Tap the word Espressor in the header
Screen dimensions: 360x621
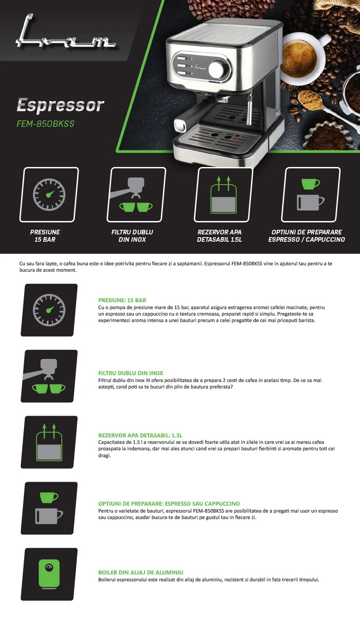coord(60,105)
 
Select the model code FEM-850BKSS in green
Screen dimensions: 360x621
coord(46,124)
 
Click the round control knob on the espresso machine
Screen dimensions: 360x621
coord(217,70)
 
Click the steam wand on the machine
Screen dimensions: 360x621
coord(250,108)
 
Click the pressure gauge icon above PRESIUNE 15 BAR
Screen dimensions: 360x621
coord(49,195)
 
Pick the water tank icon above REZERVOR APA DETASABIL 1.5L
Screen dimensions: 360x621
coord(223,195)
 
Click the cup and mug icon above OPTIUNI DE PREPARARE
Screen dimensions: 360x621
coord(311,195)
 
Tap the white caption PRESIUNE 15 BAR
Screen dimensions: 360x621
coord(45,236)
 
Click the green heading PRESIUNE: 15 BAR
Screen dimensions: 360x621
coord(122,300)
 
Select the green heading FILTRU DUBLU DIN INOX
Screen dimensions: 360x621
coord(131,373)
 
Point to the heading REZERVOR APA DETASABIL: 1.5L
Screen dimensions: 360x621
coord(140,435)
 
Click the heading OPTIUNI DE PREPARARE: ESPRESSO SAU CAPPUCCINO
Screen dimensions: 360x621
coord(169,504)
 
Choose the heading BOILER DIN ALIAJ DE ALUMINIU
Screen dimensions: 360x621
coord(141,573)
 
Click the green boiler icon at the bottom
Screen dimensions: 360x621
coord(49,574)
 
